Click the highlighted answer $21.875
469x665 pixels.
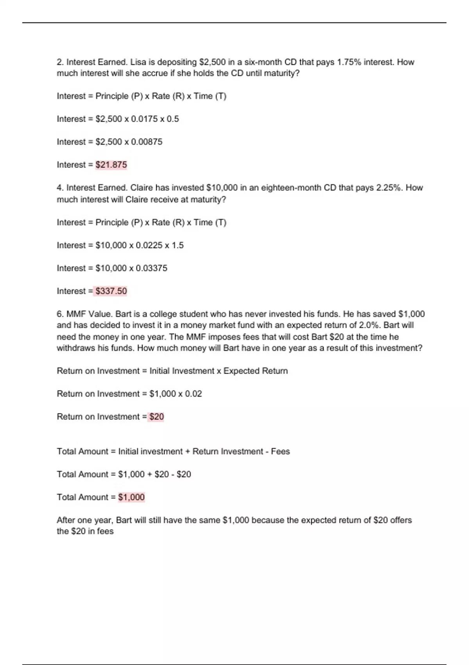pyautogui.click(x=111, y=165)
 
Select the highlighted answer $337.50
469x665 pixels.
pyautogui.click(x=111, y=291)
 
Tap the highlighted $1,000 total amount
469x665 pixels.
pyautogui.click(x=131, y=497)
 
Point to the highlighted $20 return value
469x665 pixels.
pyautogui.click(x=156, y=417)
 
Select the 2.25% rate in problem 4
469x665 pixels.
pyautogui.click(x=389, y=188)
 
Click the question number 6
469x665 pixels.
pyautogui.click(x=60, y=314)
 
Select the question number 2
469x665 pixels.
pyautogui.click(x=60, y=62)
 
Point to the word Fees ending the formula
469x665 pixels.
pyautogui.click(x=280, y=451)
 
